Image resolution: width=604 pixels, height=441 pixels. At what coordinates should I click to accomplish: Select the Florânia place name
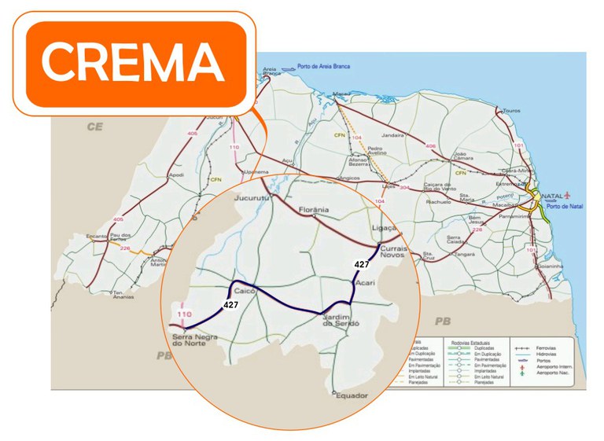pyautogui.click(x=314, y=210)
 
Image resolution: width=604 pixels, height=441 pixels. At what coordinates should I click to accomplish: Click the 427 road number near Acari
pyautogui.click(x=362, y=265)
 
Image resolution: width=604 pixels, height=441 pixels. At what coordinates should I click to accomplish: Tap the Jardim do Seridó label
pyautogui.click(x=340, y=319)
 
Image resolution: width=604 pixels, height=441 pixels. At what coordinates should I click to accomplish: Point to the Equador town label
pyautogui.click(x=352, y=395)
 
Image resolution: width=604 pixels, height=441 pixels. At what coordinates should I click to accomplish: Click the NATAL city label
pyautogui.click(x=552, y=195)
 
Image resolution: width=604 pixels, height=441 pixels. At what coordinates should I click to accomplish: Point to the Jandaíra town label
pyautogui.click(x=392, y=135)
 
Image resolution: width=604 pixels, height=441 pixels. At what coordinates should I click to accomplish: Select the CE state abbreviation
pyautogui.click(x=95, y=126)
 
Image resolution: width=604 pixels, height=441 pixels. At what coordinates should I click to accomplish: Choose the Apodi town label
pyautogui.click(x=176, y=175)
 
